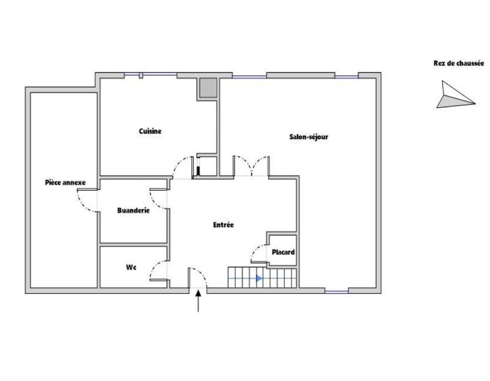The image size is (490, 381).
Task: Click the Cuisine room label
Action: point(150,131)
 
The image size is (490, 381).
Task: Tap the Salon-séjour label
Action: point(309,137)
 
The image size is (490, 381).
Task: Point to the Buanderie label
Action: point(134,210)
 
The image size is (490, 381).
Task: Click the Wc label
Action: point(130,267)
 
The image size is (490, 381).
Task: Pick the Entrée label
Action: point(223,225)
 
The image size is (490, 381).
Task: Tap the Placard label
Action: point(284,252)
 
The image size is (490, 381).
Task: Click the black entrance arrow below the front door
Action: point(198,302)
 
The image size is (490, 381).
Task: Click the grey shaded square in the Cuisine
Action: point(207,89)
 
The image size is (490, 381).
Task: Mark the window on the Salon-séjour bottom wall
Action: point(337,291)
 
